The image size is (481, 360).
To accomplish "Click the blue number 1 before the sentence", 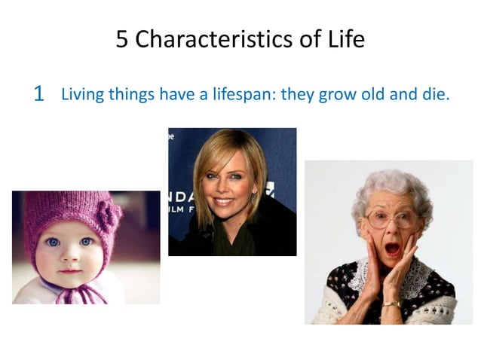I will [x=39, y=95].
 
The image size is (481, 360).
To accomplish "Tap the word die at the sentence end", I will [x=435, y=95].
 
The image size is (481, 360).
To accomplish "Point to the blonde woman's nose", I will [x=223, y=188].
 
